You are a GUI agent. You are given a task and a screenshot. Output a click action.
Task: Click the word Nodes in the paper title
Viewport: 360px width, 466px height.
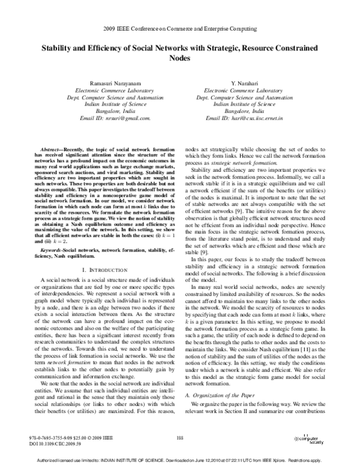[180, 59]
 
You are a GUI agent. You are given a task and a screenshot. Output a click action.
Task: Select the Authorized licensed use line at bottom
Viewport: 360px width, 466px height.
[180, 461]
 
